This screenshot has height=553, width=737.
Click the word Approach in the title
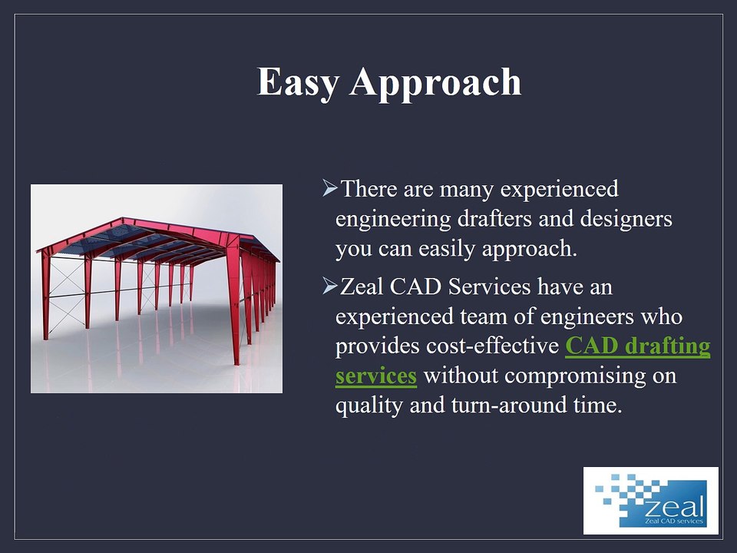[x=435, y=83]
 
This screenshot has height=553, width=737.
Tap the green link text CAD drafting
[x=637, y=346]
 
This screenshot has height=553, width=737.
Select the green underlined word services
[x=376, y=376]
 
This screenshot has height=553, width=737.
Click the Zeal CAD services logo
[x=650, y=500]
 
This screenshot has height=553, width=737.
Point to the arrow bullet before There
[x=329, y=187]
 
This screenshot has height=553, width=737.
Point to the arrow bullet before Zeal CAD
[x=329, y=286]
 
